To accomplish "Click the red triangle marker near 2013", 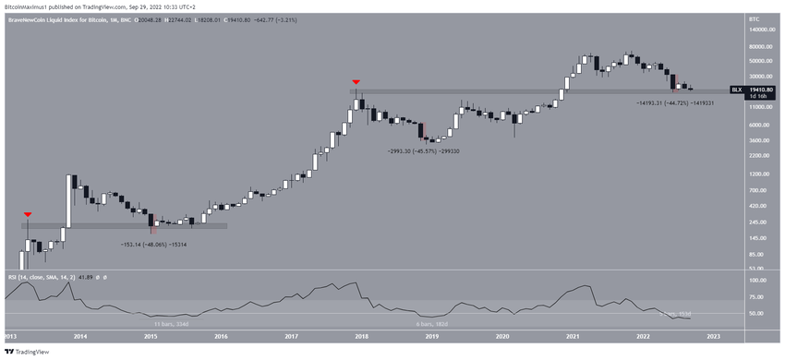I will [x=28, y=214].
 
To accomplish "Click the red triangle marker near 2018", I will [x=356, y=82].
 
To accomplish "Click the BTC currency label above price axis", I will [x=754, y=17].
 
